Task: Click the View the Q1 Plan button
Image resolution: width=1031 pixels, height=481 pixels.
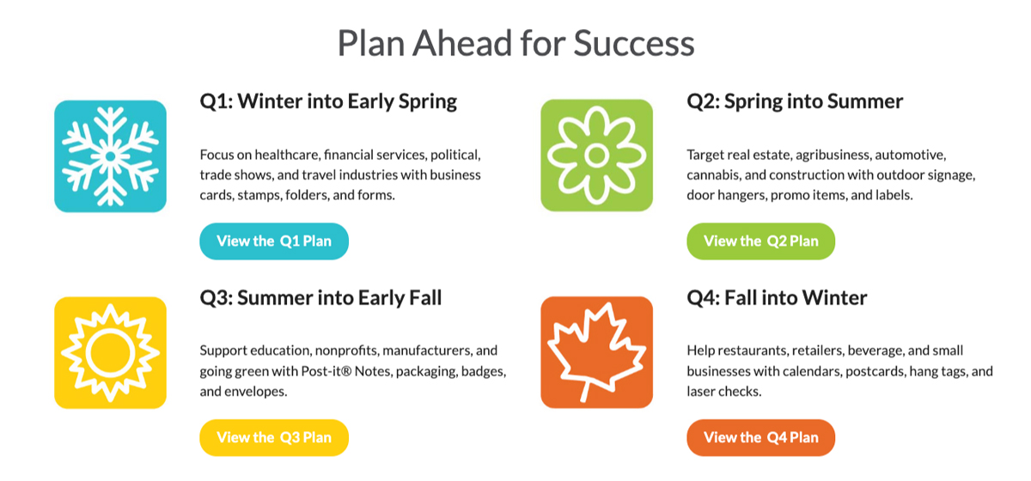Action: [x=274, y=241]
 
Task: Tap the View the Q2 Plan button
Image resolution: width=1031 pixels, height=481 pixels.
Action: [x=761, y=241]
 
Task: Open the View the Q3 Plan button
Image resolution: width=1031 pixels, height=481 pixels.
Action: [x=274, y=437]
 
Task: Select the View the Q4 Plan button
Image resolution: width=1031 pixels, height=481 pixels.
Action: [x=761, y=437]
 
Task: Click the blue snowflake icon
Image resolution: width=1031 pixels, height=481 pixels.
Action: [x=111, y=156]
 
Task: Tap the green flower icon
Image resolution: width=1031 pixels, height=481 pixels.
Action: [x=596, y=155]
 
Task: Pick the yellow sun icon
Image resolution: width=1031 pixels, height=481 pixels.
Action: [x=111, y=352]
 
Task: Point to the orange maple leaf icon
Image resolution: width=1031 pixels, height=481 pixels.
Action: [x=596, y=352]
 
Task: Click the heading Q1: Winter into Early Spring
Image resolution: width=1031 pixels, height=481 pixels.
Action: [x=328, y=101]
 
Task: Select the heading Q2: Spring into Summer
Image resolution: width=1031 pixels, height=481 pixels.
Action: [x=795, y=101]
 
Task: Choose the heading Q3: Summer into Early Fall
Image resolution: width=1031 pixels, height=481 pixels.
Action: [x=320, y=298]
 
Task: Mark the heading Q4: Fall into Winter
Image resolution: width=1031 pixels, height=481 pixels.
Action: [x=777, y=298]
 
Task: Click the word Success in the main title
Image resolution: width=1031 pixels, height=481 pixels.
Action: [x=634, y=43]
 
